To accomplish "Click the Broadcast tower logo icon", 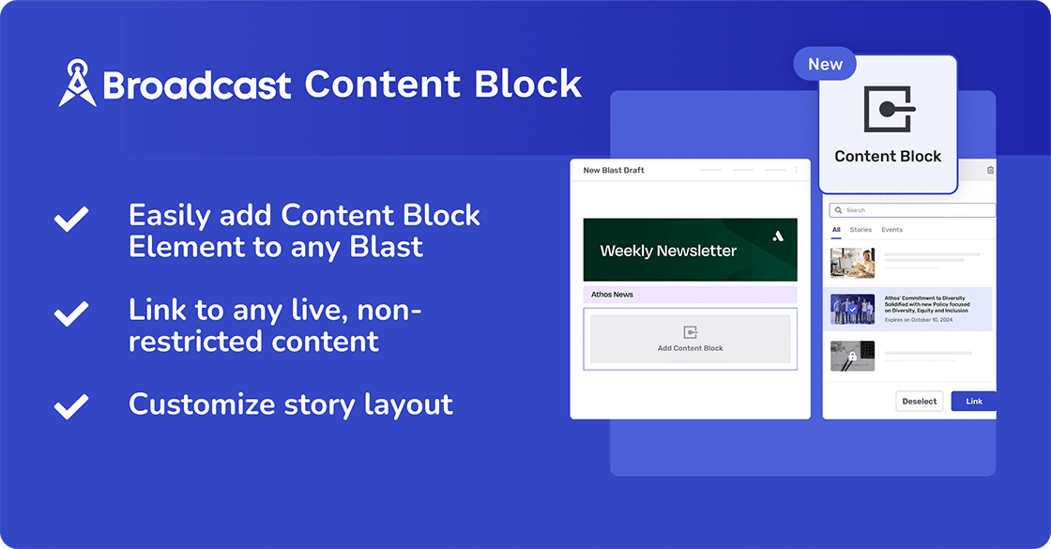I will coord(78,84).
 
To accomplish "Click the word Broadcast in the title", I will coord(198,85).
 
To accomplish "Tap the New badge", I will coord(825,64).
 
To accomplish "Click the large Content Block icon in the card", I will coord(888,110).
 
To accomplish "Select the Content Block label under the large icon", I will coord(888,157).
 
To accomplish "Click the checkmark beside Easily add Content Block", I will coord(71,220).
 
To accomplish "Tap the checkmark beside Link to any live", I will coord(71,313).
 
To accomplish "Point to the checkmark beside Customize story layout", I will coord(71,405).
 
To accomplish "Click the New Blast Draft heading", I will coord(614,171).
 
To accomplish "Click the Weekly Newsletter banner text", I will coord(668,252).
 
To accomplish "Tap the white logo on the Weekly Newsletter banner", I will coord(777,236).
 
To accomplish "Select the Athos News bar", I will coord(690,295).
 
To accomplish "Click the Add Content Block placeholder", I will coord(690,339).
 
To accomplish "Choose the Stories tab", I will coord(861,230).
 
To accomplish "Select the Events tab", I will coord(891,230).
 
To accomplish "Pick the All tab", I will coord(836,230).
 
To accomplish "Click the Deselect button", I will coord(919,402).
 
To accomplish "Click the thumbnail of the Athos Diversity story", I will coord(852,309).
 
